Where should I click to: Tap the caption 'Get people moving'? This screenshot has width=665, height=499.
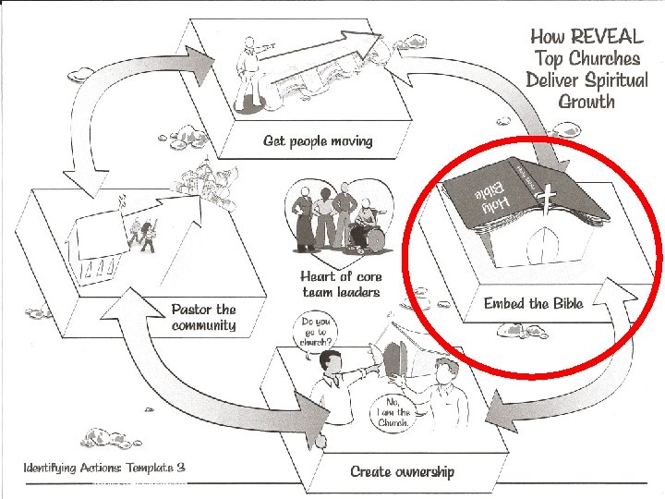pyautogui.click(x=318, y=140)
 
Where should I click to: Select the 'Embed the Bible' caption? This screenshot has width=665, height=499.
pyautogui.click(x=533, y=303)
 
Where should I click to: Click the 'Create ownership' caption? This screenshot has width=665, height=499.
pyautogui.click(x=402, y=471)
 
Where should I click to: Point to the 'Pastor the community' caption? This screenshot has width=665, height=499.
pyautogui.click(x=204, y=317)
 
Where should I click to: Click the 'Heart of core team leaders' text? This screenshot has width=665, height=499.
pyautogui.click(x=341, y=284)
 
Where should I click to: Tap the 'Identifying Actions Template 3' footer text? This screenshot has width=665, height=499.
pyautogui.click(x=104, y=468)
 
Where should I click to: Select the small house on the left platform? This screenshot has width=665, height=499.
pyautogui.click(x=92, y=245)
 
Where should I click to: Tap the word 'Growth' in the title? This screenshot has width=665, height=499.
pyautogui.click(x=586, y=102)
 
